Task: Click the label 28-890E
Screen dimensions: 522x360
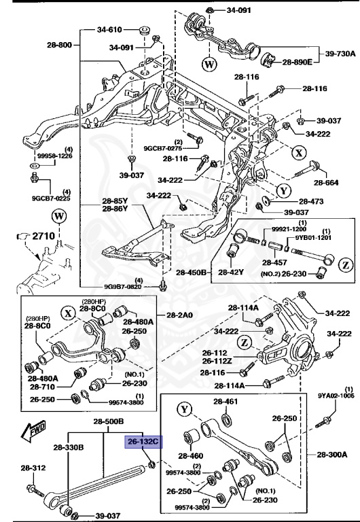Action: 298,62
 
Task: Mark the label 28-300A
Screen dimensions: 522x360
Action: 333,453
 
